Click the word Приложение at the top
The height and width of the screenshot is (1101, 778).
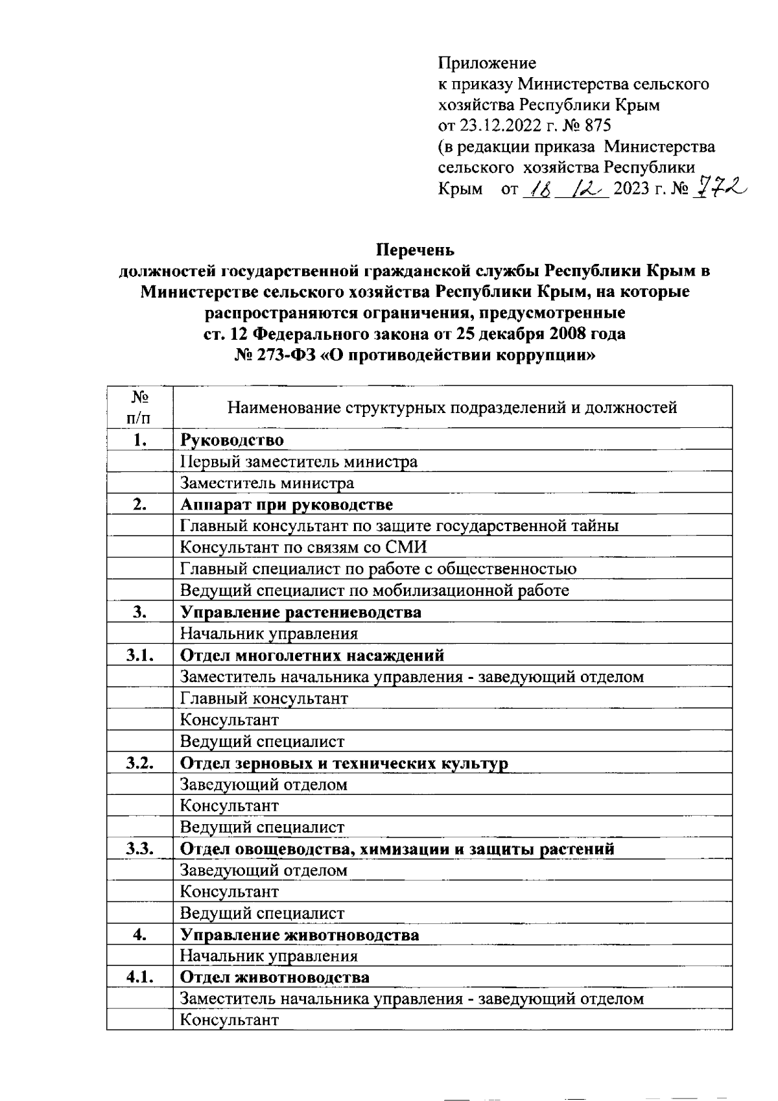tap(487, 64)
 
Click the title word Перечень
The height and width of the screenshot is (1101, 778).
tap(416, 250)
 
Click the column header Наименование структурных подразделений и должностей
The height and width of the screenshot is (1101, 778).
tap(452, 407)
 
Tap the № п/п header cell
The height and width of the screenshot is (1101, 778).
tap(140, 407)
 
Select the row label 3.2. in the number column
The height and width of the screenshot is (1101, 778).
tap(140, 763)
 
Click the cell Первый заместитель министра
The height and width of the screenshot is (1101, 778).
tap(298, 462)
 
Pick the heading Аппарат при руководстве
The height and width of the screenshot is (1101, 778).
tap(286, 504)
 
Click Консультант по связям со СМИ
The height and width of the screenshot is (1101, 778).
tap(303, 547)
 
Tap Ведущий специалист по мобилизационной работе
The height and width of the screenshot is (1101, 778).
tap(374, 590)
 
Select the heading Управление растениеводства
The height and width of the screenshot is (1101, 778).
tap(300, 612)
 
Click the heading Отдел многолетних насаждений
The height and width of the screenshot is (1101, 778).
tap(312, 655)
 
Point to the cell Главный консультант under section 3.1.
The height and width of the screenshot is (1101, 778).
tap(263, 698)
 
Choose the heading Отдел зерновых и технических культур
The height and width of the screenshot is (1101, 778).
tap(344, 763)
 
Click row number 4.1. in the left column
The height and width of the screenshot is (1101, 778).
tap(140, 977)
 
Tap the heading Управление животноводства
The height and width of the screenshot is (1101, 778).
tap(299, 934)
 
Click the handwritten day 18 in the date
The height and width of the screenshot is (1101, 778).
tap(539, 189)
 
